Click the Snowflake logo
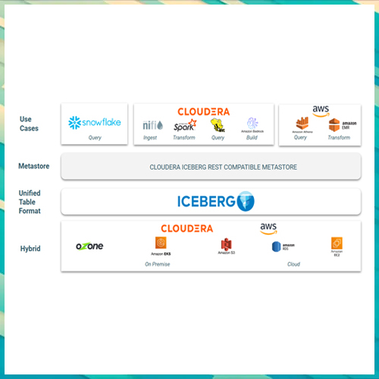pos(94,122)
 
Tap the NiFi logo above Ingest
pos(150,126)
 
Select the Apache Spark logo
pos(184,126)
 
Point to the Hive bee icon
pos(218,124)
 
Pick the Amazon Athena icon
pos(301,125)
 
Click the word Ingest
pos(150,138)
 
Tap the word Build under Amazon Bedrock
pos(252,138)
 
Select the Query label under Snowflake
pos(94,138)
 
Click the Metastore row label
pos(33,166)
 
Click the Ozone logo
pos(89,246)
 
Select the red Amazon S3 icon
pos(225,245)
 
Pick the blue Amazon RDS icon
pos(277,246)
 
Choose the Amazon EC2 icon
pos(337,244)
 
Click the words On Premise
pos(158,264)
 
